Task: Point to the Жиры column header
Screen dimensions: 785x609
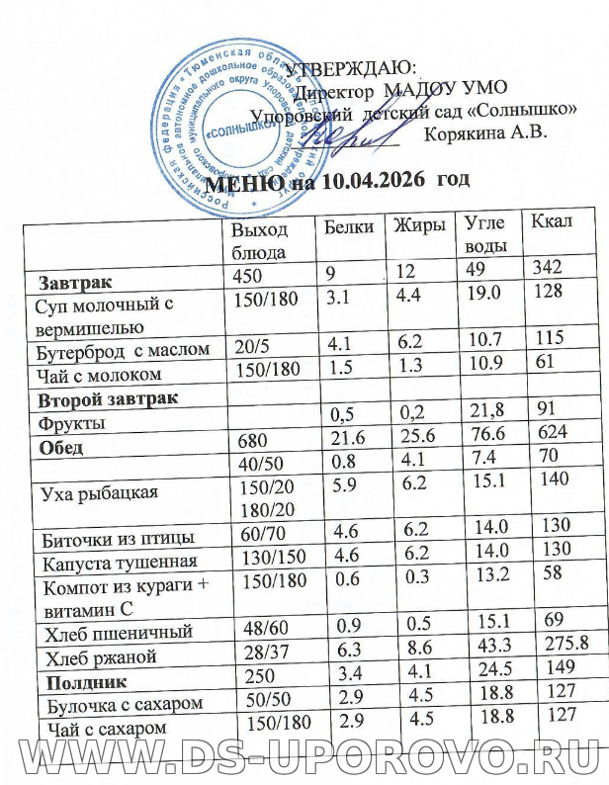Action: click(415, 224)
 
